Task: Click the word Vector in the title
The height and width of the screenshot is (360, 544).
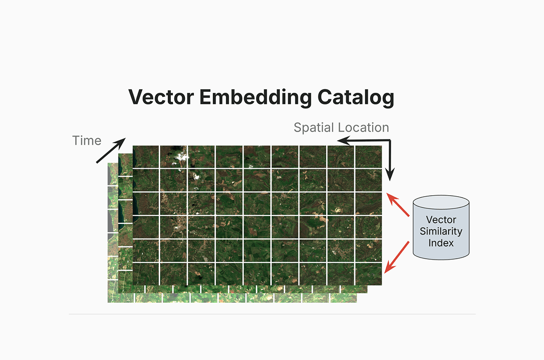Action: coord(161,97)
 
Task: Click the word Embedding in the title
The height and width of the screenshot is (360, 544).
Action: coord(255,97)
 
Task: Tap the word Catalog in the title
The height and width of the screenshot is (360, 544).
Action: coord(356,97)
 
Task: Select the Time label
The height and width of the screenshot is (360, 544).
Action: coord(87,141)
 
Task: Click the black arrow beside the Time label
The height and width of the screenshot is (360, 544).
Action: coord(111,151)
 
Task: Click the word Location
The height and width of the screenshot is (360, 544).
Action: coord(365,128)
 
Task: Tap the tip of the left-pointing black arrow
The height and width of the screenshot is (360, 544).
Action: coord(337,140)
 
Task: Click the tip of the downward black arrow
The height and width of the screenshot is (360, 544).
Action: coord(390,181)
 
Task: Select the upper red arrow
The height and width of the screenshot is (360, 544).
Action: coord(398,205)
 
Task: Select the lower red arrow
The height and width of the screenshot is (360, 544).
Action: coord(397,258)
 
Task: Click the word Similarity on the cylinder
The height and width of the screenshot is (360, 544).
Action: coord(441,231)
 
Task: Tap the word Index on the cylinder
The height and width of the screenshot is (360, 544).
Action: coord(441,243)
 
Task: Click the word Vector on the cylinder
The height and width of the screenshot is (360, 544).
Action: coord(441,219)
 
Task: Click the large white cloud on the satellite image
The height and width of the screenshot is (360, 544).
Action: coord(181,157)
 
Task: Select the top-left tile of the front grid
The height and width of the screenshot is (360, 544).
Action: coord(146,157)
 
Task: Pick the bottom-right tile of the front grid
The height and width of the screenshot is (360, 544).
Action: coord(369,274)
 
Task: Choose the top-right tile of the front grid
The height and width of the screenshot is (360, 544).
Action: coord(369,157)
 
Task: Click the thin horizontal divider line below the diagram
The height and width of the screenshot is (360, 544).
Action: coord(272,314)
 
